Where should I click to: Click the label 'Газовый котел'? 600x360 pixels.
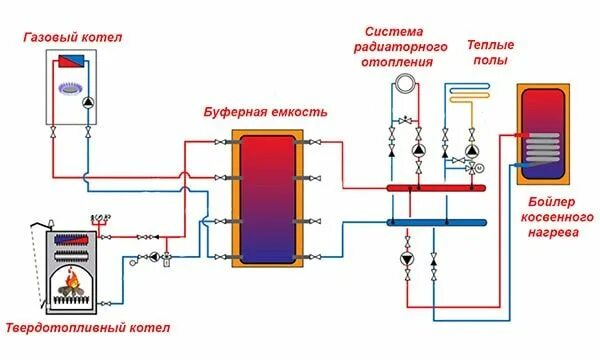pyautogui.click(x=72, y=37)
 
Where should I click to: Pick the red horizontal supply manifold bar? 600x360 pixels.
pyautogui.click(x=435, y=187)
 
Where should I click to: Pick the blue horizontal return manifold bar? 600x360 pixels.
pyautogui.click(x=435, y=221)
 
